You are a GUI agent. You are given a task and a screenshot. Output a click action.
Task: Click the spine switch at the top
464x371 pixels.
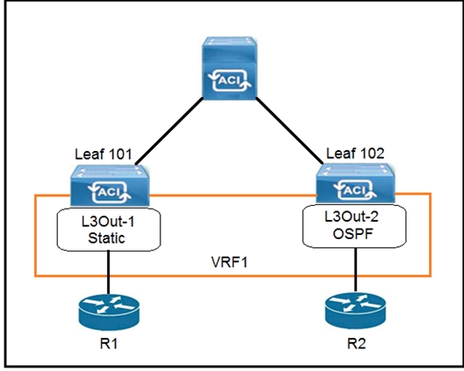pos(229,68)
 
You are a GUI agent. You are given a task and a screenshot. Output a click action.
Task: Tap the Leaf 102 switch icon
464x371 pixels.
pos(355,183)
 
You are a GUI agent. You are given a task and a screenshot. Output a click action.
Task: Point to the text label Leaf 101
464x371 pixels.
pos(103,155)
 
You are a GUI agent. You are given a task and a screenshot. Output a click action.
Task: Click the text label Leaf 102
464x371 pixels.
pos(355,154)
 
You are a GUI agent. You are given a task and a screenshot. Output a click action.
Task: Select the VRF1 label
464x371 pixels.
pos(229,262)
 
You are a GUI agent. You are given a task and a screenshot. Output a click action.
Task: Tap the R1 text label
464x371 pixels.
pos(109,344)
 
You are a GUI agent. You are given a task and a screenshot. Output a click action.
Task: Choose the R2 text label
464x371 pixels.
pos(356,344)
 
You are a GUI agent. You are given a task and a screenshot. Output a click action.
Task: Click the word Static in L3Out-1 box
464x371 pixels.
pos(106,238)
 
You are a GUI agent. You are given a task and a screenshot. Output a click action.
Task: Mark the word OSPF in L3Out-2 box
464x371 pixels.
pos(353,234)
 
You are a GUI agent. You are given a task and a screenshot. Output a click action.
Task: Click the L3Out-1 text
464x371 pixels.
pos(108,222)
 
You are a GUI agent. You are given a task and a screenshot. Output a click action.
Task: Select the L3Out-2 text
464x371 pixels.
pos(351,217)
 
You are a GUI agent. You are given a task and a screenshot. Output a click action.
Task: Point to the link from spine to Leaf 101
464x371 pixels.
pos(169,131)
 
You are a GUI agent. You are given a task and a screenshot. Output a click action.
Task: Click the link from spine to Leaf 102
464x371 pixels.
pos(290,130)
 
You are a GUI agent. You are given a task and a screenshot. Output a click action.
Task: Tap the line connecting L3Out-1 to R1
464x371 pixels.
pos(109,272)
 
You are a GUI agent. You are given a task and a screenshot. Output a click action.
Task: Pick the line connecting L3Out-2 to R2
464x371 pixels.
pos(355,270)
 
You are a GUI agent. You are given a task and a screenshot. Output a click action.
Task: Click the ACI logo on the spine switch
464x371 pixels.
pos(230,80)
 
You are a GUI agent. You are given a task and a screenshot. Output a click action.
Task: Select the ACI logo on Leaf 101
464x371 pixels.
pos(110,192)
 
